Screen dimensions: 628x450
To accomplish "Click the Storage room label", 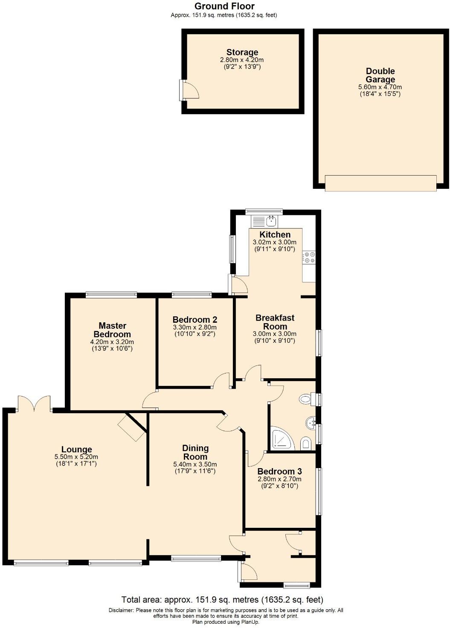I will tap(242, 53).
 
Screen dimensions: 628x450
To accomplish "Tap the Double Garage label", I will tap(380, 75).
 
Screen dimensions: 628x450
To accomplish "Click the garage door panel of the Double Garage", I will tap(380, 183).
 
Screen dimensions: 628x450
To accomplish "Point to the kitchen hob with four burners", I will tap(309, 258).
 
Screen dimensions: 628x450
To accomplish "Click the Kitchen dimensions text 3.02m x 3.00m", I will tap(274, 242).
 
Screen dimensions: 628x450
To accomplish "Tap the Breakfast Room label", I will tap(275, 322).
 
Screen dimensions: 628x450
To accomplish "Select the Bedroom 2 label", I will tap(195, 320).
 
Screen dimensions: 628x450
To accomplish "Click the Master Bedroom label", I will tap(112, 330).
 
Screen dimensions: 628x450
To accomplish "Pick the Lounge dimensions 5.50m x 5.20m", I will tap(76, 457).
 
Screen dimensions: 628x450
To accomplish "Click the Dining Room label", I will tap(195, 452).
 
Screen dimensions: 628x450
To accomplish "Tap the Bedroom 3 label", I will tap(279, 472).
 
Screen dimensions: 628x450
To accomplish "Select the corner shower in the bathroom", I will tap(282, 439).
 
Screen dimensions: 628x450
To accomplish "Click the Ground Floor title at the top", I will tap(224, 6).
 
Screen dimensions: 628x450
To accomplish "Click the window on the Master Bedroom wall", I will tap(111, 294).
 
